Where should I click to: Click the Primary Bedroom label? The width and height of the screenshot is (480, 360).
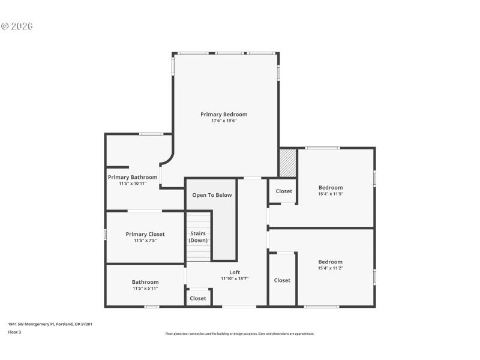tap(224, 114)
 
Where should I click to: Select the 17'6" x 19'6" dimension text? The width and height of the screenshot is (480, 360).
tap(224, 121)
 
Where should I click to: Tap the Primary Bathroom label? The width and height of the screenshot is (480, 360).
tap(133, 177)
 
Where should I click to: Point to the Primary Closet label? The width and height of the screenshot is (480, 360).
tap(145, 234)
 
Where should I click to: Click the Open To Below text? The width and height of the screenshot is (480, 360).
tap(212, 195)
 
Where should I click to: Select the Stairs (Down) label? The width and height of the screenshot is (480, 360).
tap(198, 236)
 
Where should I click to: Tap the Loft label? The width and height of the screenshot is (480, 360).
tap(235, 272)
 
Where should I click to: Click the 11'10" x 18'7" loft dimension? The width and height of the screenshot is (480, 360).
tap(235, 278)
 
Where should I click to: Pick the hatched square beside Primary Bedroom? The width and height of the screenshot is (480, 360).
tap(288, 163)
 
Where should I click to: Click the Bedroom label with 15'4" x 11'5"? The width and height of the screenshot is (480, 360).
tap(331, 187)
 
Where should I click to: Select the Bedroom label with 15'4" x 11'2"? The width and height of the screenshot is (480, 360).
tap(331, 262)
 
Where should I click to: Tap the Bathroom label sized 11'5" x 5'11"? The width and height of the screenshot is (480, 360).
tap(145, 282)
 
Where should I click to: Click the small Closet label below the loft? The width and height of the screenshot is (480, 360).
tap(198, 298)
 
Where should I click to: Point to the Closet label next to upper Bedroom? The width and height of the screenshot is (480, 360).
tap(284, 191)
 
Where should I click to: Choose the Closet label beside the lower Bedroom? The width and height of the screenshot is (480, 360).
tap(282, 280)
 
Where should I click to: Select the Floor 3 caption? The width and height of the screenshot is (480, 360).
tap(14, 331)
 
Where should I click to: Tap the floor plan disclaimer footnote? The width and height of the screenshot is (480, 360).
tap(240, 334)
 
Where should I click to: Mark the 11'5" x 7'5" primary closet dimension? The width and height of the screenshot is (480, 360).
tap(145, 241)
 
